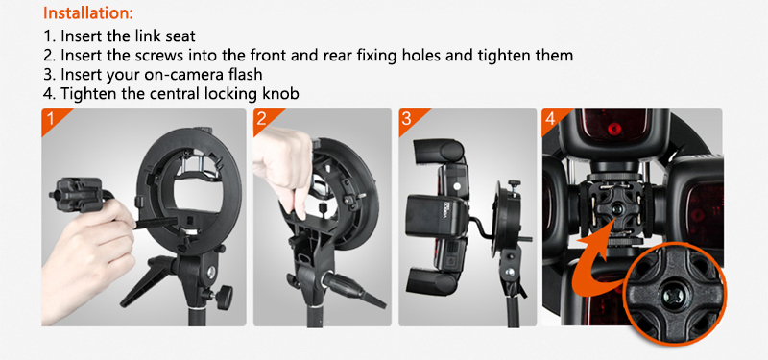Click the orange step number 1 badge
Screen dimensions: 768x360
tap(53, 119)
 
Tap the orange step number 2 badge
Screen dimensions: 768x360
tap(265, 119)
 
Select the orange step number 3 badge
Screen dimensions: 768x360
tap(410, 119)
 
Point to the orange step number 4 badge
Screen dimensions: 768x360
tap(553, 119)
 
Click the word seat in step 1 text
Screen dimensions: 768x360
tap(180, 36)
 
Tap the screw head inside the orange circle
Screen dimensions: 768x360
tap(669, 295)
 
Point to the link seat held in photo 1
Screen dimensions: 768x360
tap(79, 195)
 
